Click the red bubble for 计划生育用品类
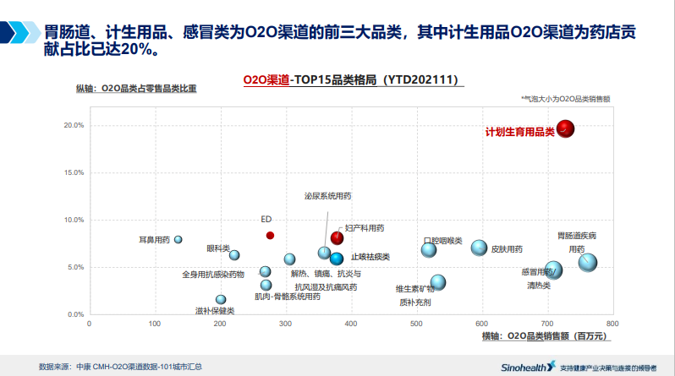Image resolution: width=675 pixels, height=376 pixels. pos(565,129)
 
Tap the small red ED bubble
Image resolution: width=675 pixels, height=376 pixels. pos(270,235)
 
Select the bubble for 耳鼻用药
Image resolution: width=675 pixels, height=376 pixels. pos(178,240)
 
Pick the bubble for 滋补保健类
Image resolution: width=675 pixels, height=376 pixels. pos(221,299)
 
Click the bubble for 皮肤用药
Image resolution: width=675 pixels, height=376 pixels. pos(480,248)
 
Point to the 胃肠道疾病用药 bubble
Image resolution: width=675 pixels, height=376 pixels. pos(587,262)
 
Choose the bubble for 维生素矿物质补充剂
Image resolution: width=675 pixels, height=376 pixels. pos(438,283)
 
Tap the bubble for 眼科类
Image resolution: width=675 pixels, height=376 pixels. pos(234,255)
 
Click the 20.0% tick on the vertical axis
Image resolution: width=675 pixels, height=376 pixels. pos(74,125)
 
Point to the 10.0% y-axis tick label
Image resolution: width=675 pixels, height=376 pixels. pos(74,220)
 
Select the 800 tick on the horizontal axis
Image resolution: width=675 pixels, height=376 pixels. pos(612,323)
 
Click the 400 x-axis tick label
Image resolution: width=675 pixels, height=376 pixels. pos(351,323)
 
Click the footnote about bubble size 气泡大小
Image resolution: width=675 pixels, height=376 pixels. pos(566,99)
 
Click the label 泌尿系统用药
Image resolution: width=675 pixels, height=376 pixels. pos(327,196)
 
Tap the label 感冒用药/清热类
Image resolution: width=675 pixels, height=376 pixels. pos(539,278)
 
